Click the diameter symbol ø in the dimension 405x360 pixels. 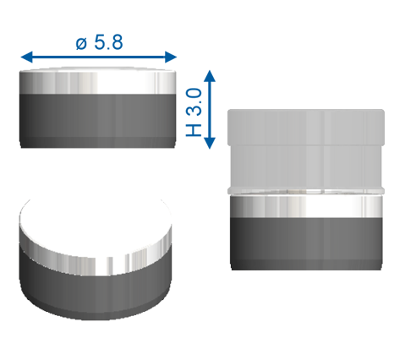point(80,42)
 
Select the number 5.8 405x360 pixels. point(108,42)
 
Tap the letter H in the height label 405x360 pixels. point(193,128)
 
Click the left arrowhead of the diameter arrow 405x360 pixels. point(25,57)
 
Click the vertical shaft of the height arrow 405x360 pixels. point(211,110)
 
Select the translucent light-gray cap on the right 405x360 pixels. point(306,156)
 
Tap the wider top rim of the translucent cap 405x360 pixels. point(306,119)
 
